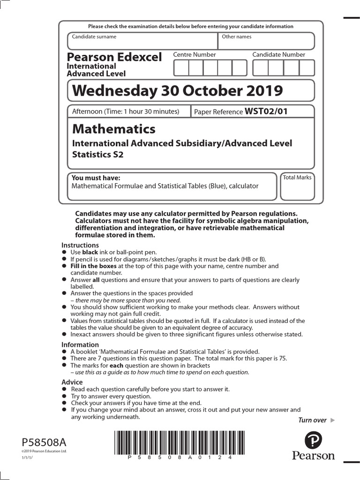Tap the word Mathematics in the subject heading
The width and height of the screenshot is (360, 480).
point(113,129)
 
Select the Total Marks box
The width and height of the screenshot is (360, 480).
point(297,187)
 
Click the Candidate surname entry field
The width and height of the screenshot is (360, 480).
point(142,41)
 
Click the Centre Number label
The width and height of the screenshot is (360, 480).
point(195,55)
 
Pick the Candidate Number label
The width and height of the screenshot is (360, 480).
point(278,55)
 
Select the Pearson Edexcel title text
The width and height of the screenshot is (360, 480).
point(114,57)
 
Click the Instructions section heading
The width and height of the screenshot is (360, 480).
point(80,245)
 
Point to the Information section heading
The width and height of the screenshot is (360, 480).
point(80,345)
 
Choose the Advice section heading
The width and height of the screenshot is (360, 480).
point(72,382)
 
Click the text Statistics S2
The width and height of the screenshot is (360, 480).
point(97,155)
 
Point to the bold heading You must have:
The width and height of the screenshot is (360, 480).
point(96,178)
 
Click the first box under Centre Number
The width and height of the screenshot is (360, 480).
point(181,68)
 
